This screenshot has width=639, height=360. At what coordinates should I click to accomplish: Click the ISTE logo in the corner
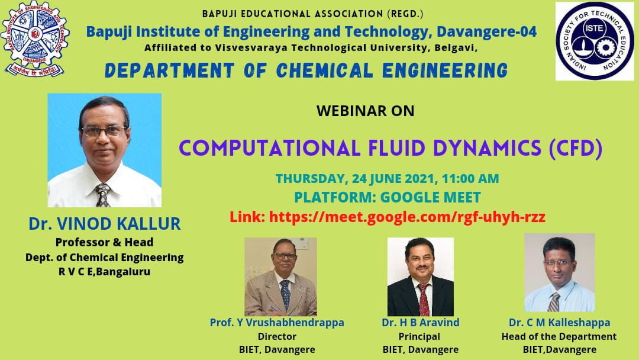pos(595,41)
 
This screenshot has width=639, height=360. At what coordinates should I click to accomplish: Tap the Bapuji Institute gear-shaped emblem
pos(35,38)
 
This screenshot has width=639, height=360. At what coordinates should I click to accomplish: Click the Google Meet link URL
pos(407,217)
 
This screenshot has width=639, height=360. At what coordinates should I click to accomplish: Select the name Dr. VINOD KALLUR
pos(104,224)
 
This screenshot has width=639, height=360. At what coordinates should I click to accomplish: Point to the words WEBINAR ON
pos(365,111)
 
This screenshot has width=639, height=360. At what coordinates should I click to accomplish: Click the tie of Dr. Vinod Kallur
pos(102,195)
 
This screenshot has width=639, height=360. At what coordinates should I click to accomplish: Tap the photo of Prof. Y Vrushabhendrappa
pos(280,277)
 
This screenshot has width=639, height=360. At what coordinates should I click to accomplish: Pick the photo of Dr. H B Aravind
pos(420,277)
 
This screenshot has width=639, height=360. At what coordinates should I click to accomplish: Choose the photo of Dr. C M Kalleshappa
pos(560,272)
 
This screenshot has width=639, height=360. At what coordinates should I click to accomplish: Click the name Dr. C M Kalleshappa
pos(560,323)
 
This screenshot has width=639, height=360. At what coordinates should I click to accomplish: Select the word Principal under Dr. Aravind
pos(419,337)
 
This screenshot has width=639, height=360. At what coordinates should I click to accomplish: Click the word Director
pos(277,336)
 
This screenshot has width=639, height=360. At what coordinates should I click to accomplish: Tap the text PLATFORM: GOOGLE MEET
pos(388,197)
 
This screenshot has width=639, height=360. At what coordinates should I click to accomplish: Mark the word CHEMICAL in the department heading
pos(325,70)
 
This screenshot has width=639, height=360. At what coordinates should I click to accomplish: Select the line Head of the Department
pos(559,336)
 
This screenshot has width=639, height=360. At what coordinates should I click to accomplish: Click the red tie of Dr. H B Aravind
pos(424,300)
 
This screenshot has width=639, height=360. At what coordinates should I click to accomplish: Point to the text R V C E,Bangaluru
pos(104,272)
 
